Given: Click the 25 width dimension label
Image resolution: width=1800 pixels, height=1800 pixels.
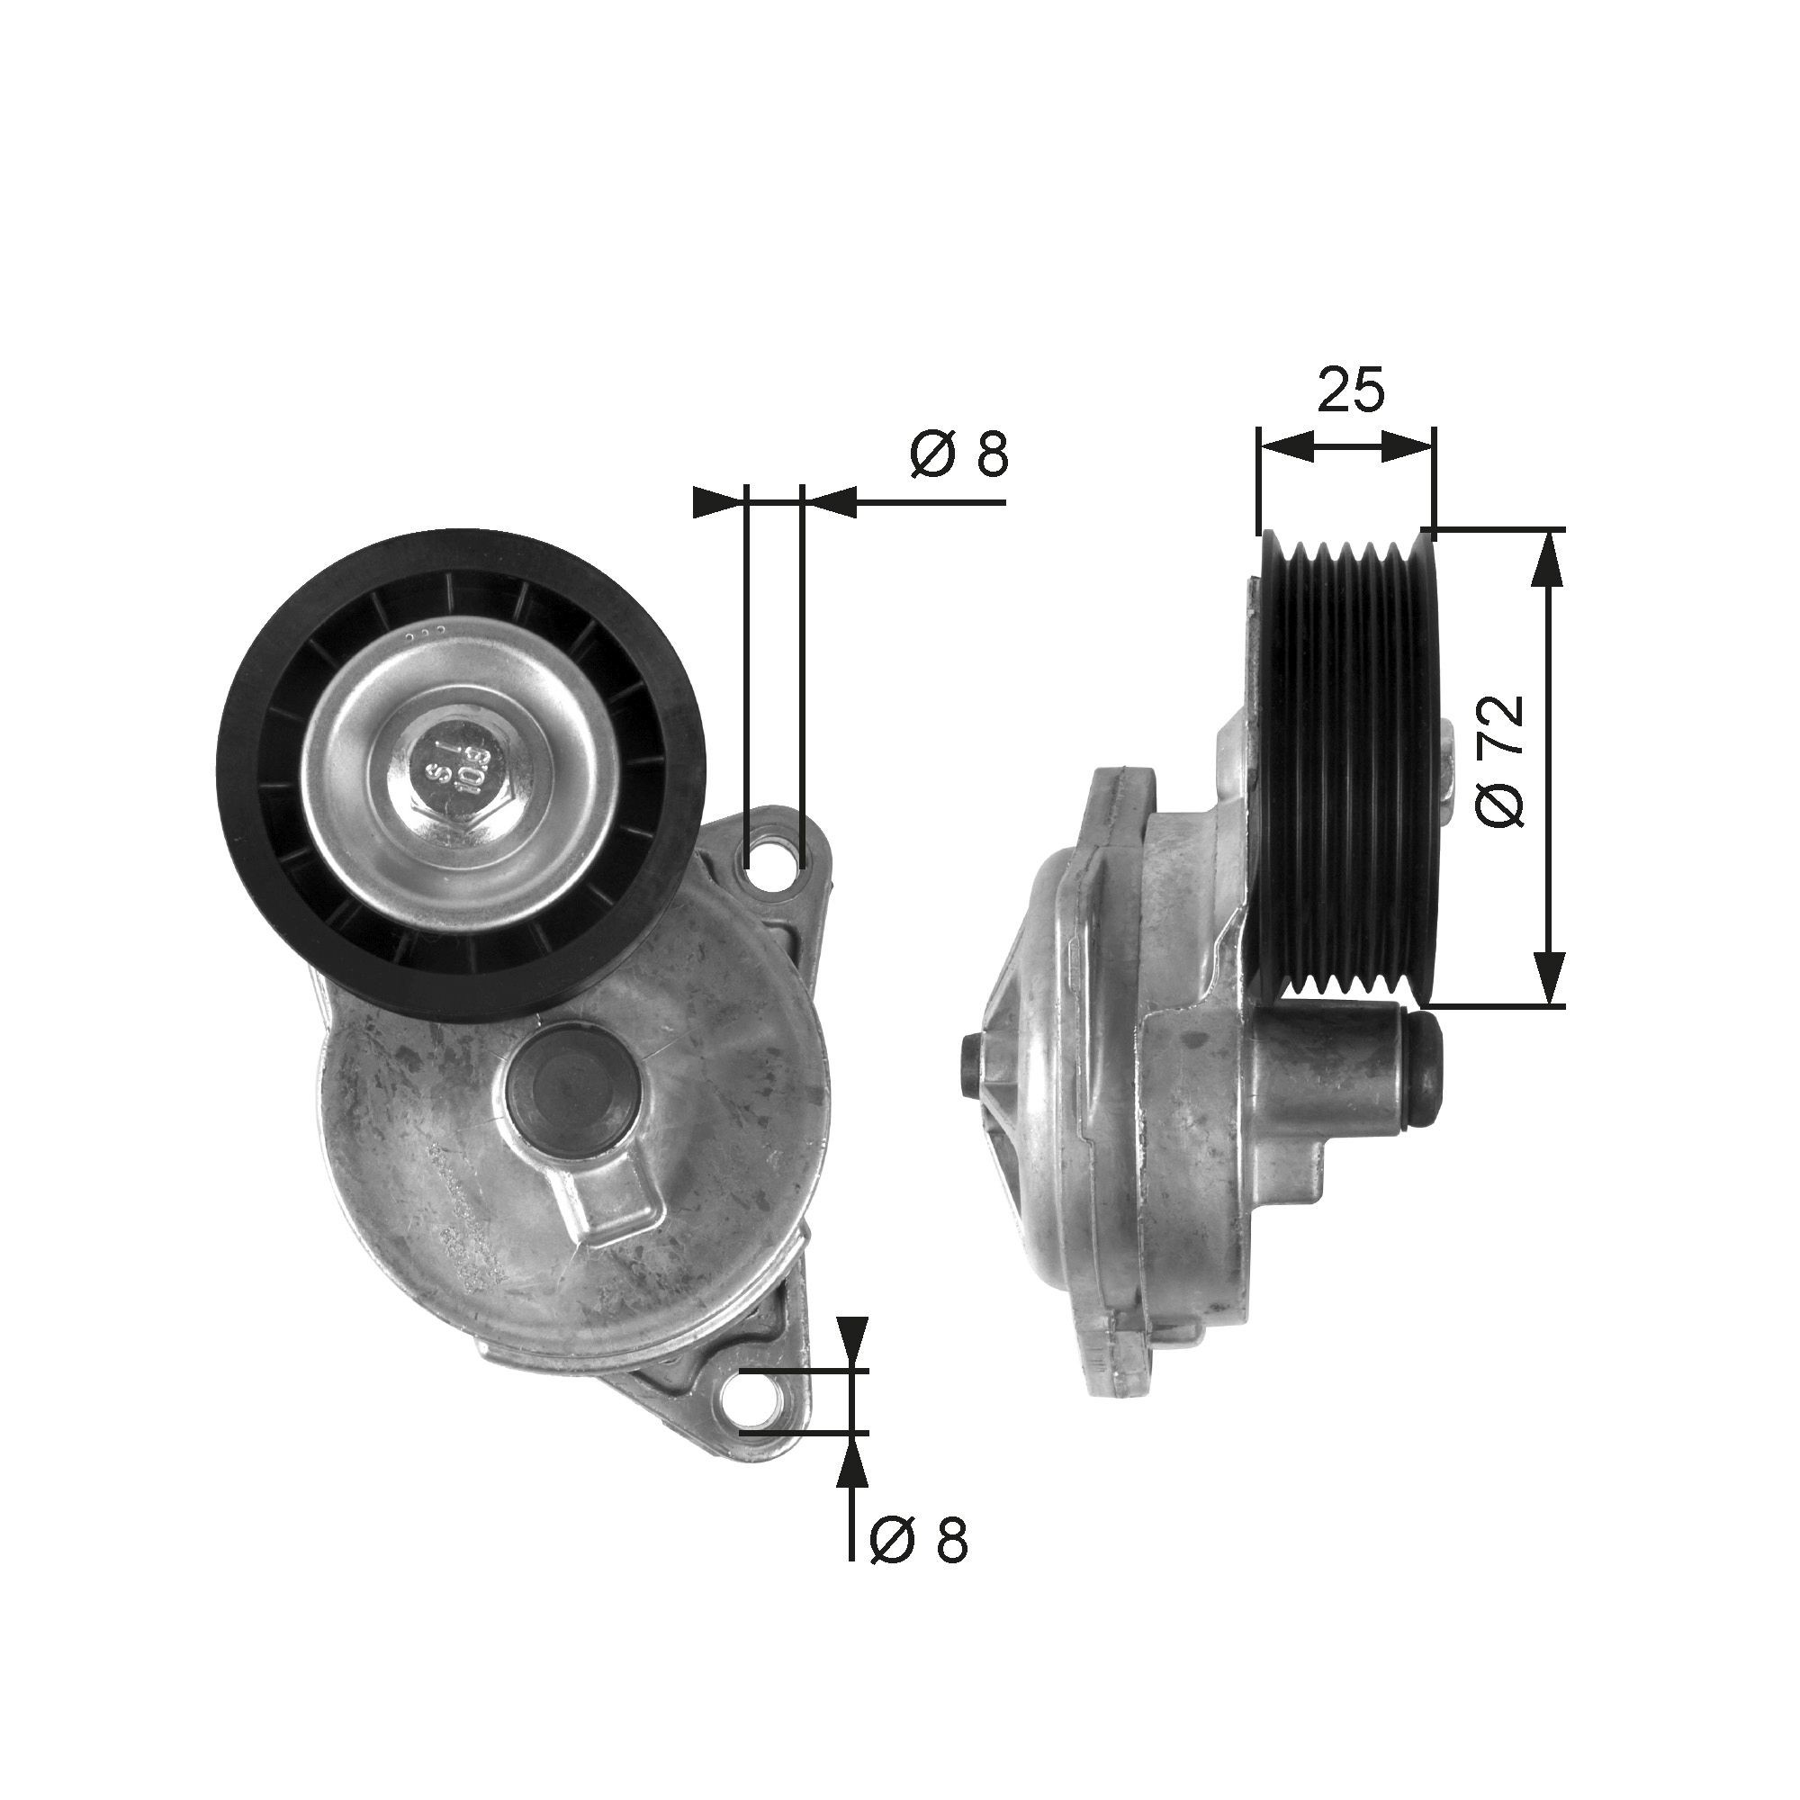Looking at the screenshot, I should [1351, 391].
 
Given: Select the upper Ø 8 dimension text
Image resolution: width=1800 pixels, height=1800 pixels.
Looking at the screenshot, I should [959, 455].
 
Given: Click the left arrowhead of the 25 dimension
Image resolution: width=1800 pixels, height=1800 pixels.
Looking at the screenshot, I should [1287, 445].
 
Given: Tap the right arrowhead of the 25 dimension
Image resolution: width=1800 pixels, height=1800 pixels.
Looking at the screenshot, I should [1407, 445].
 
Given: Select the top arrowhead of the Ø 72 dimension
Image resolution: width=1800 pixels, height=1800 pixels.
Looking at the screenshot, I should [1547, 558].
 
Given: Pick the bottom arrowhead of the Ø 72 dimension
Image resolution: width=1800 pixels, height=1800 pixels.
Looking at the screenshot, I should [1547, 976].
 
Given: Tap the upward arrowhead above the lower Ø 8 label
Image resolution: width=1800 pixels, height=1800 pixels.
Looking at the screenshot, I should [851, 1480].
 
